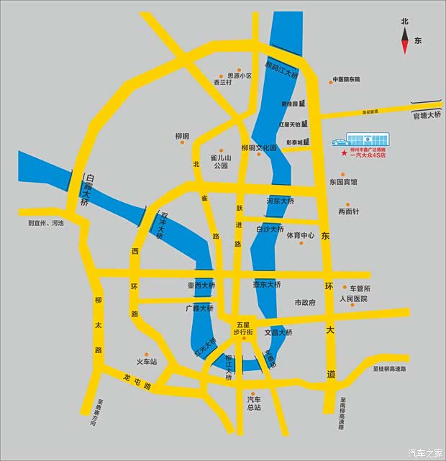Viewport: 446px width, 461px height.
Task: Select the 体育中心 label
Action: click(x=301, y=235)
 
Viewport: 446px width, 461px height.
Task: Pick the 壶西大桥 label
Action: click(x=201, y=286)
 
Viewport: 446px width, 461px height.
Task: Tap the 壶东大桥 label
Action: click(x=266, y=285)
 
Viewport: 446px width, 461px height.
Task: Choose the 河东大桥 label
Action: click(x=279, y=201)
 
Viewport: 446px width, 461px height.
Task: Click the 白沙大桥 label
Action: click(x=270, y=229)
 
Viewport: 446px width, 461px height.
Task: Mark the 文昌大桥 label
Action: click(x=278, y=333)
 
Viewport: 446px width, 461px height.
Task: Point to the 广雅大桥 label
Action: click(x=199, y=308)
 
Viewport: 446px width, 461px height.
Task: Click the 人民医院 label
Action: click(x=353, y=298)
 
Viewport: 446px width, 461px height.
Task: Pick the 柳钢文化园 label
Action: click(x=258, y=148)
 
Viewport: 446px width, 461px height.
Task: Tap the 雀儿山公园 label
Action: click(x=220, y=161)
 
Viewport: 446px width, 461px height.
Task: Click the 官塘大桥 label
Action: click(x=425, y=115)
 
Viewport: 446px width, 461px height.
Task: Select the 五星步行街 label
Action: click(x=242, y=328)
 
